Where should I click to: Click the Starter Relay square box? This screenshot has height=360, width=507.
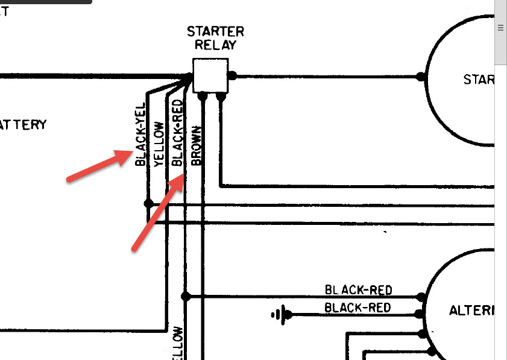click(x=210, y=75)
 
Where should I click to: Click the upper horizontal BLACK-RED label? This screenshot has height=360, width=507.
click(x=358, y=290)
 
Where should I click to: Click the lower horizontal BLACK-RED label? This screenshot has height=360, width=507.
click(x=357, y=308)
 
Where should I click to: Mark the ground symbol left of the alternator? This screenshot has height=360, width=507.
click(x=279, y=314)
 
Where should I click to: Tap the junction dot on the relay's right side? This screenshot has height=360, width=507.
click(x=232, y=76)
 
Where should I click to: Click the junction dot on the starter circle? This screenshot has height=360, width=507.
click(x=421, y=77)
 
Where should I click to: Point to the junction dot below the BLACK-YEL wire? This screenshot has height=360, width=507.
click(x=148, y=204)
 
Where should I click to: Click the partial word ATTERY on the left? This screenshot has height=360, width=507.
click(x=23, y=125)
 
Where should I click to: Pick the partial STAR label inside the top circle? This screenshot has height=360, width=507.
click(x=479, y=80)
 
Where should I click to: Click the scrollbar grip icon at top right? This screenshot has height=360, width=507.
click(x=500, y=28)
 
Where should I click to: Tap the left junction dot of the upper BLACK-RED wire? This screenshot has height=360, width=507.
click(x=186, y=297)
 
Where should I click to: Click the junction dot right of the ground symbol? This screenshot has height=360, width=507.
click(x=288, y=314)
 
